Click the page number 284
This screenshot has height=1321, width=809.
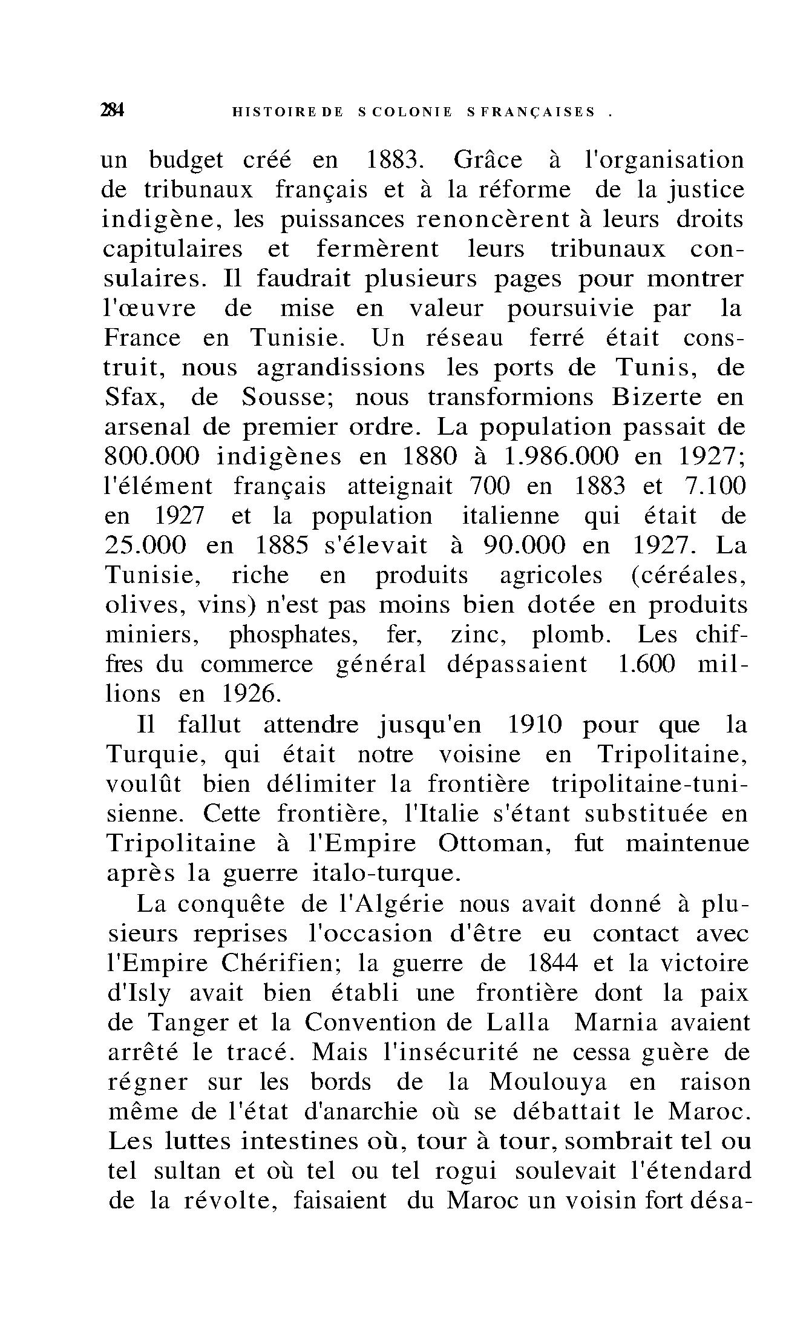pyautogui.click(x=113, y=111)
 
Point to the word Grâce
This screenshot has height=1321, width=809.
pyautogui.click(x=487, y=160)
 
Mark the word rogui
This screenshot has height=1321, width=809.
pyautogui.click(x=465, y=1171)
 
